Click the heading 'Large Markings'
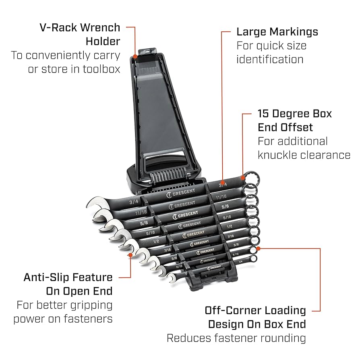pyautogui.click(x=277, y=32)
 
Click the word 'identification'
pyautogui.click(x=270, y=59)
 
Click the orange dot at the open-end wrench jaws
pyautogui.click(x=130, y=254)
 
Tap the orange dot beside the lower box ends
pyautogui.click(x=259, y=248)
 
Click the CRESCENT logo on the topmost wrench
pyautogui.click(x=181, y=192)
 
